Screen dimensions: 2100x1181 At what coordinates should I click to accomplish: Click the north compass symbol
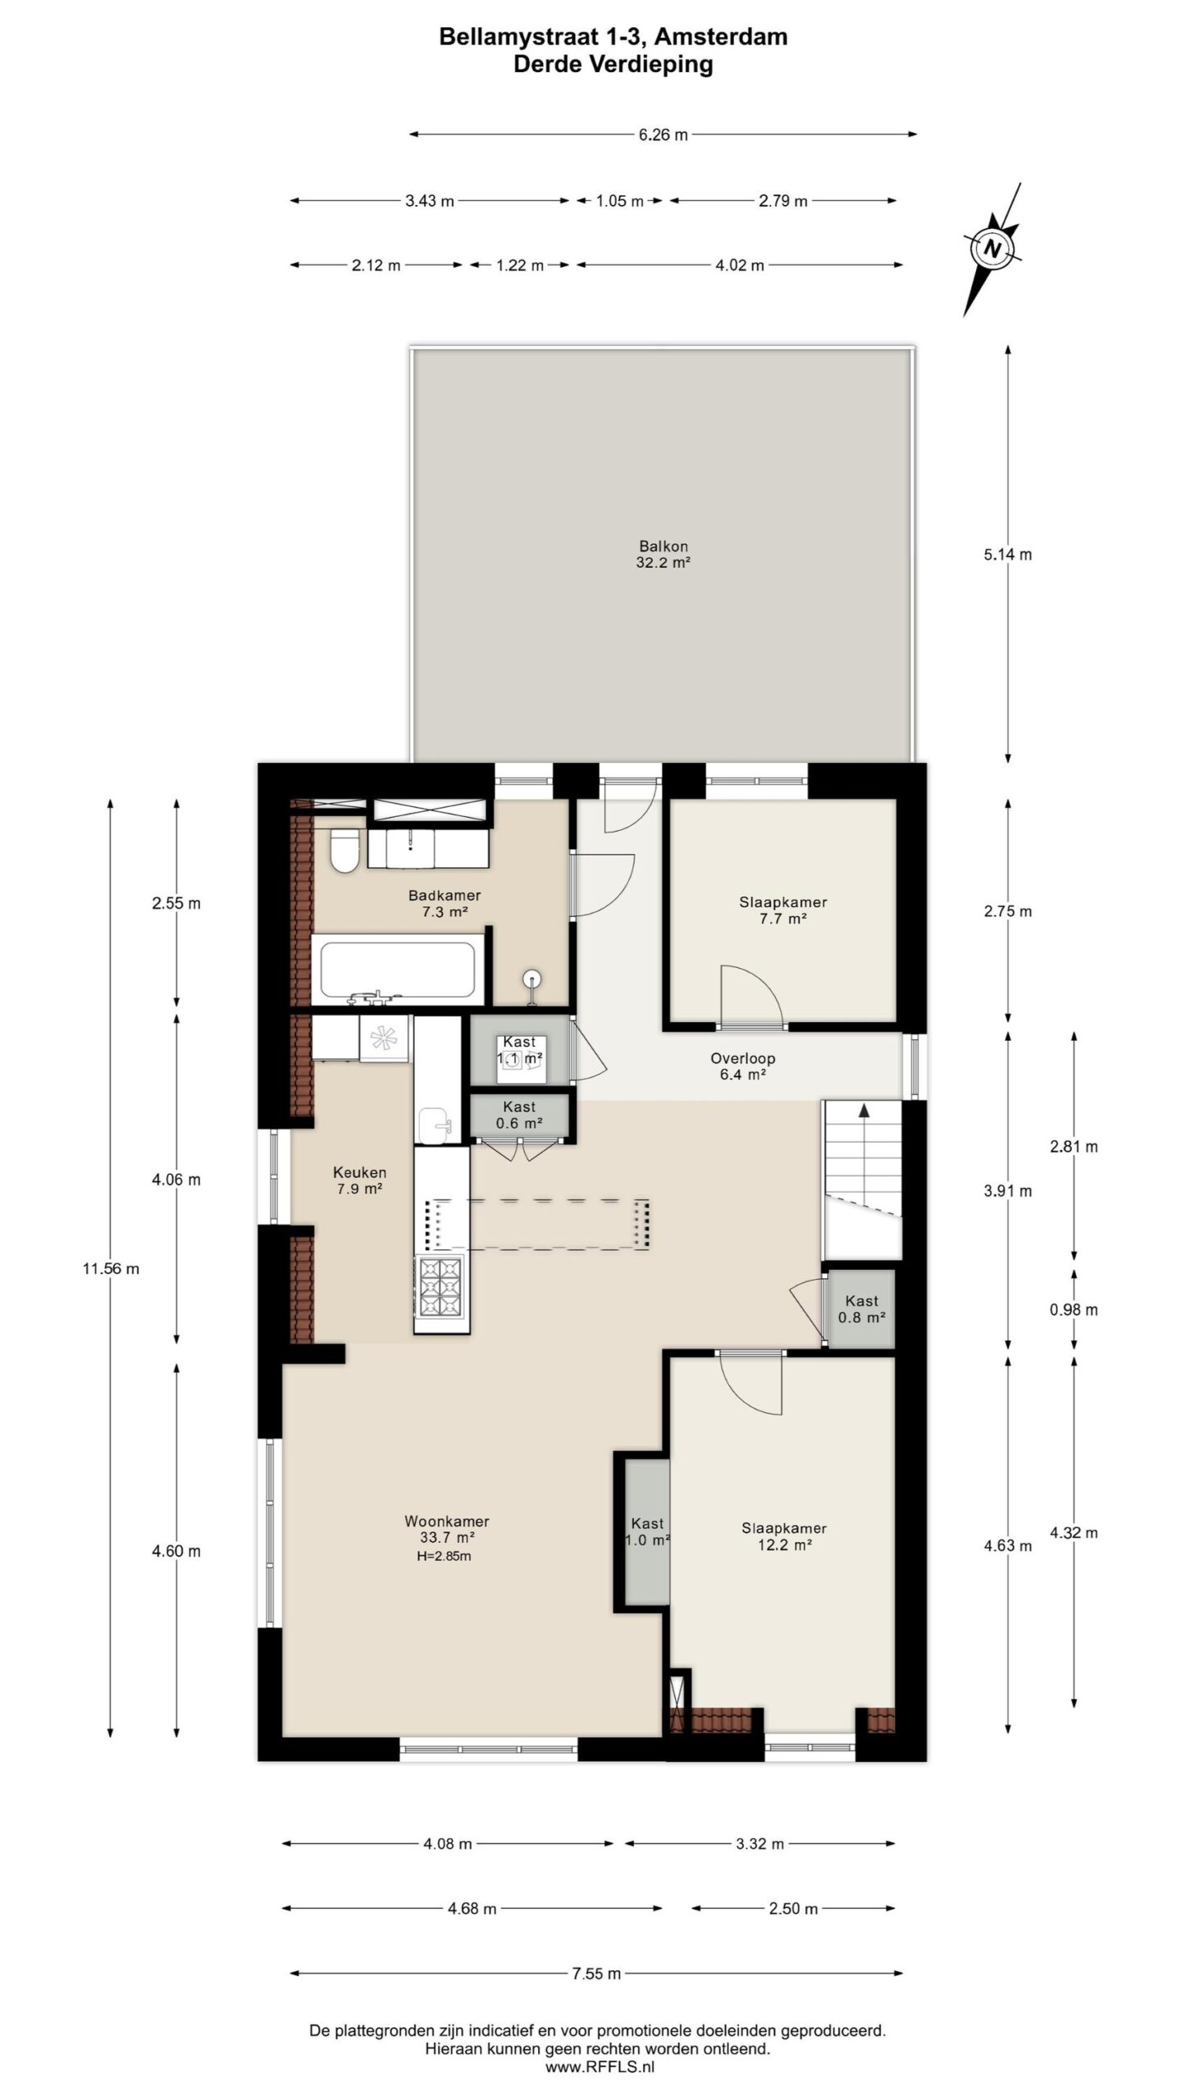(992, 249)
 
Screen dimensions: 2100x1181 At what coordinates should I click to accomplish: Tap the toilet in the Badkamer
(344, 851)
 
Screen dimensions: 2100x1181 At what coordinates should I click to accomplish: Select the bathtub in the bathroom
(398, 970)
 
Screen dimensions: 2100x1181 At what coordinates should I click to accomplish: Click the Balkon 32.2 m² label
(663, 555)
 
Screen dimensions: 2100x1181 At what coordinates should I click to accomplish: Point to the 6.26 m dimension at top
(663, 135)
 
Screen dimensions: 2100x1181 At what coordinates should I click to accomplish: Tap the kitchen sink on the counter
(434, 1124)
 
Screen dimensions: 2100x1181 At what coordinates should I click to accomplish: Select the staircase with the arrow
(862, 1178)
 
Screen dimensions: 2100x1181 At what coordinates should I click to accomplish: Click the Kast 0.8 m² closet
(860, 1308)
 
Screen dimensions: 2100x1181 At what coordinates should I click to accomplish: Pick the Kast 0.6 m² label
(520, 1116)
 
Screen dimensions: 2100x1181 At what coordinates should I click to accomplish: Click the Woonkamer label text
(447, 1521)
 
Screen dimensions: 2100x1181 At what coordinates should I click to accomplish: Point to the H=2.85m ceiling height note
(444, 1556)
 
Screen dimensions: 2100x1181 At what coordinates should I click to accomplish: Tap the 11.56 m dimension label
(111, 1268)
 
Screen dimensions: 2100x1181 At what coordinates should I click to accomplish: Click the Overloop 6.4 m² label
(742, 1066)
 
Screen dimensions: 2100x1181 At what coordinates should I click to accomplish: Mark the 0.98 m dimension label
(1074, 1310)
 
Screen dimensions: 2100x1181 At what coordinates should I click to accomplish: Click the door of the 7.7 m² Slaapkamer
(750, 997)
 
